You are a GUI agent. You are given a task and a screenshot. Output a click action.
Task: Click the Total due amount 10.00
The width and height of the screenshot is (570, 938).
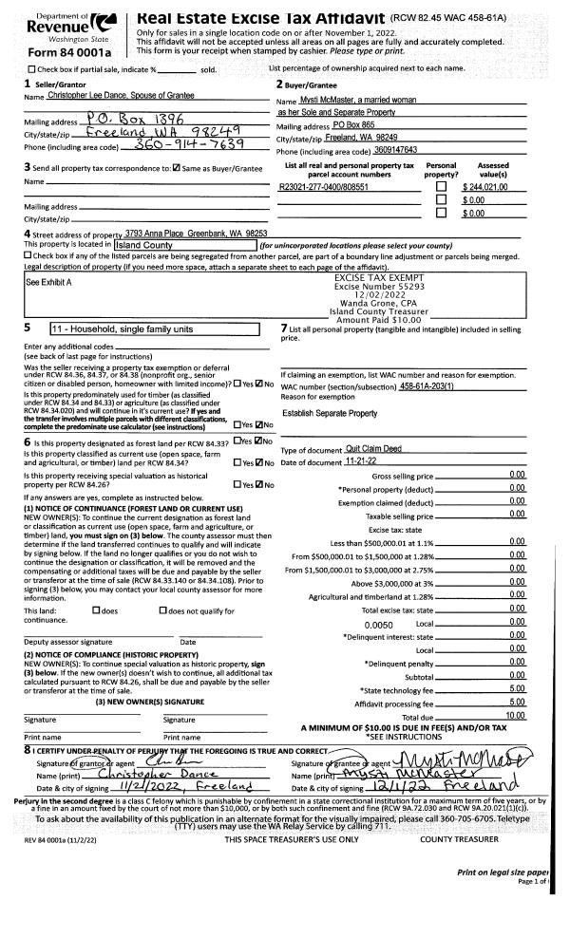(x=514, y=715)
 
